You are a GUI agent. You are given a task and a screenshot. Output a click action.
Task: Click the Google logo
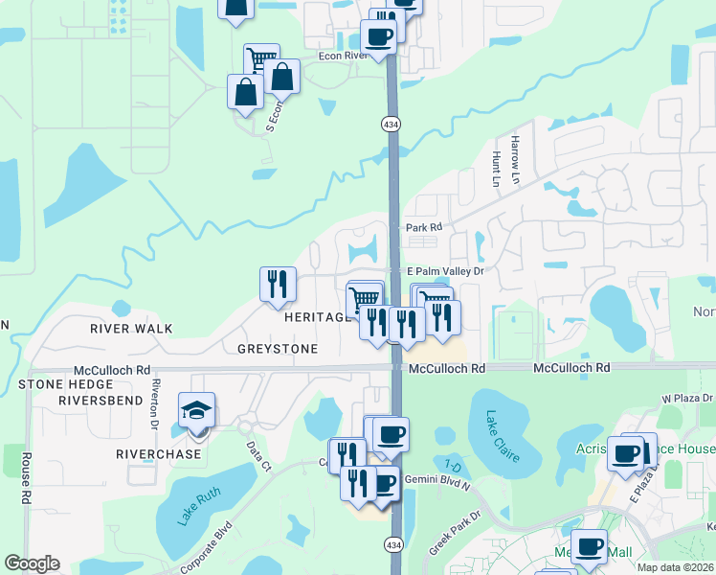32,563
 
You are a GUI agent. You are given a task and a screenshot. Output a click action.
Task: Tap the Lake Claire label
502,436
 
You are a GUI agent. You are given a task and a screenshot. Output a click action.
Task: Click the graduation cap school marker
196,411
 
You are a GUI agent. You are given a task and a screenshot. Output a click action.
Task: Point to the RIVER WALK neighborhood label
131,329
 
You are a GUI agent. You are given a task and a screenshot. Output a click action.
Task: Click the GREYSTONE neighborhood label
278,349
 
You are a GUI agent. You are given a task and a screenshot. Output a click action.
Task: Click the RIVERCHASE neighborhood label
159,453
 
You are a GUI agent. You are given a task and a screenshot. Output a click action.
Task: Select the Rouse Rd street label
26,478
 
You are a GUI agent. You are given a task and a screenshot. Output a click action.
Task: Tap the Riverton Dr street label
153,403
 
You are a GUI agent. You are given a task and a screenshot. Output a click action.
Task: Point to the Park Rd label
423,227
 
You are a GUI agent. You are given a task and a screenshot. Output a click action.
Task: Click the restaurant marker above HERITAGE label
278,284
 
